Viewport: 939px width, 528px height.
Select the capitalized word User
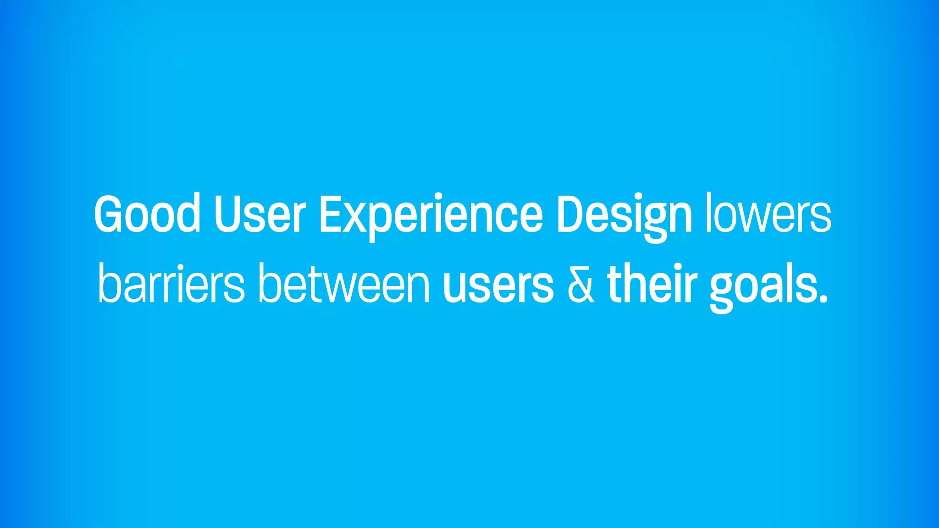(x=260, y=214)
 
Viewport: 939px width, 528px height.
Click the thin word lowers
(x=768, y=214)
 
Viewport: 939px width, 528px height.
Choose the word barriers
(x=171, y=284)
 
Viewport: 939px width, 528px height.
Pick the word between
(x=344, y=284)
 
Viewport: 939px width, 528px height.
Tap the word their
(x=652, y=284)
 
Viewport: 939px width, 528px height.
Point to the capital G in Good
(x=109, y=214)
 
